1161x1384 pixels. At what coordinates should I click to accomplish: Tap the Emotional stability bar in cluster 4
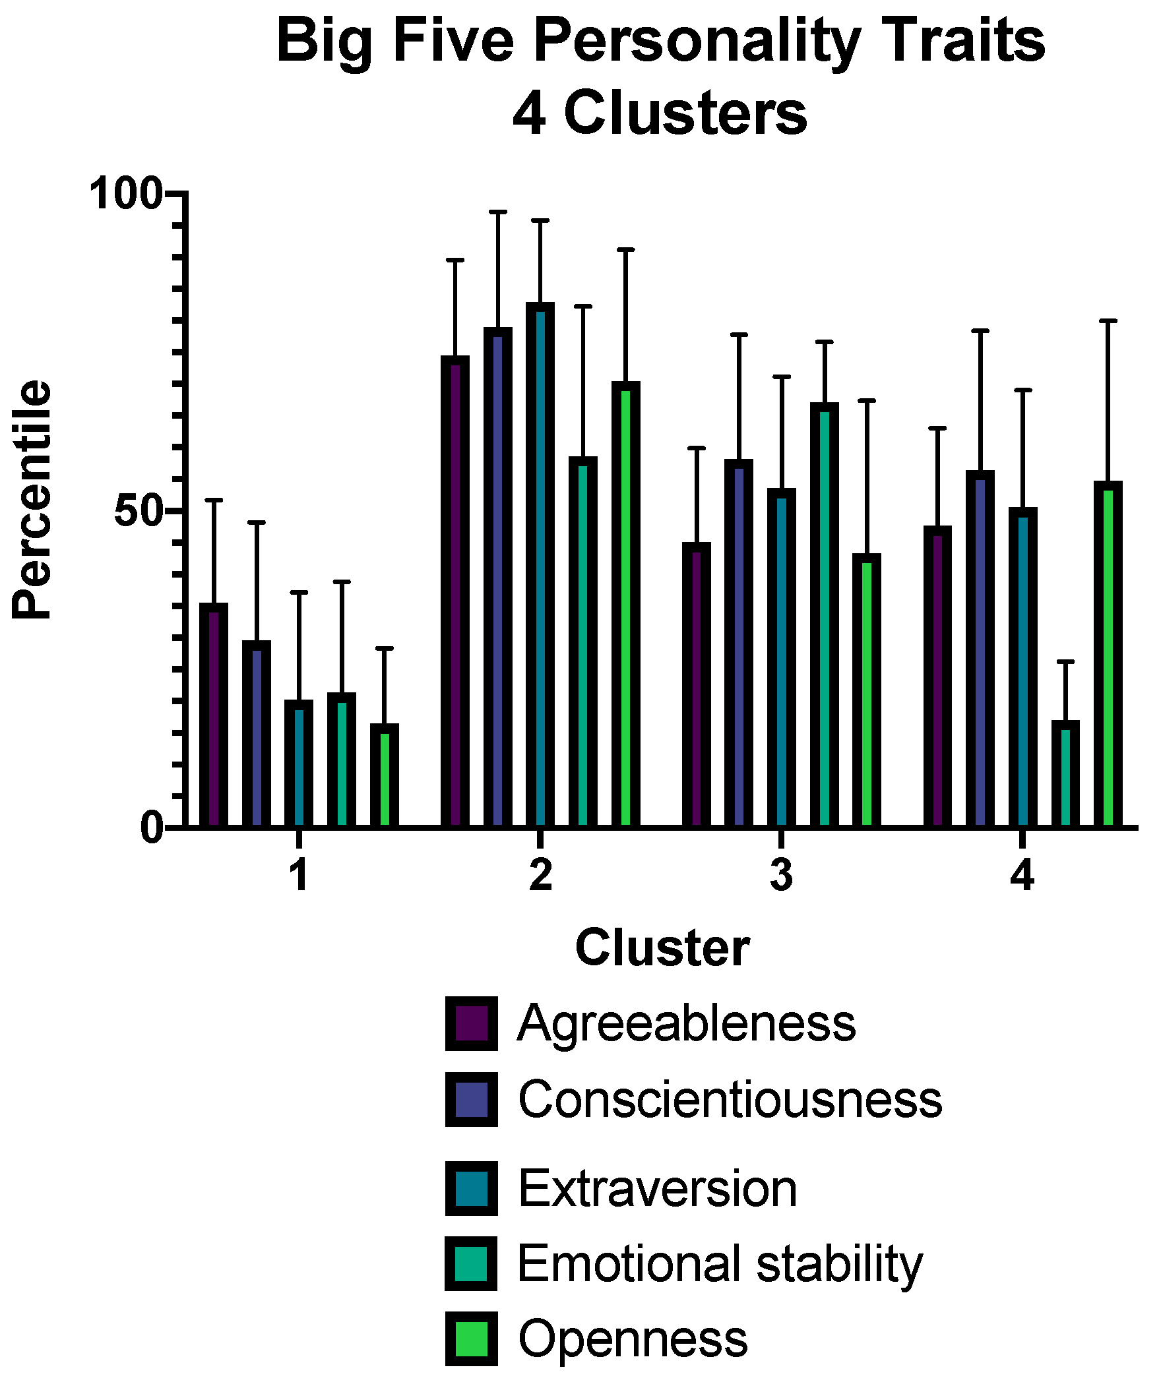pyautogui.click(x=1065, y=774)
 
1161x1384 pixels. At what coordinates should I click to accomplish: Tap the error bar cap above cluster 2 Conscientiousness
pyautogui.click(x=497, y=212)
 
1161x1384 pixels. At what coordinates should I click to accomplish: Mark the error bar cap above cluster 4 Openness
pyautogui.click(x=1108, y=321)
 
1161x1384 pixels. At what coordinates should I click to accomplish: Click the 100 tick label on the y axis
pyautogui.click(x=126, y=194)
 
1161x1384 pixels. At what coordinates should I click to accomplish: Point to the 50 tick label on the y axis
pyautogui.click(x=139, y=512)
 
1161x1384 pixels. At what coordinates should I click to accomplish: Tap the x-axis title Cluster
pyautogui.click(x=662, y=948)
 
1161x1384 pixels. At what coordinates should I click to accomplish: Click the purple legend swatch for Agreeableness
pyautogui.click(x=471, y=1024)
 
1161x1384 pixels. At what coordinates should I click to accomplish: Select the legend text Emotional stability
pyautogui.click(x=720, y=1264)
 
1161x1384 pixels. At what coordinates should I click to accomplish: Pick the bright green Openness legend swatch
pyautogui.click(x=471, y=1339)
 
